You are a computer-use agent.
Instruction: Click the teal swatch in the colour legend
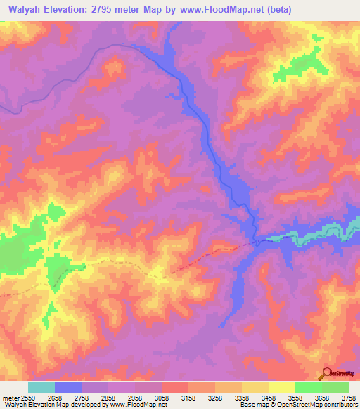(41, 387)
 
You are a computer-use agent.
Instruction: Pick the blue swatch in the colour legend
(68, 387)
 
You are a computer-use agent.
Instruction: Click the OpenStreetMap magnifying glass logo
(327, 373)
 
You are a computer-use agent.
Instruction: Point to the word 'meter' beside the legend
(9, 398)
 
